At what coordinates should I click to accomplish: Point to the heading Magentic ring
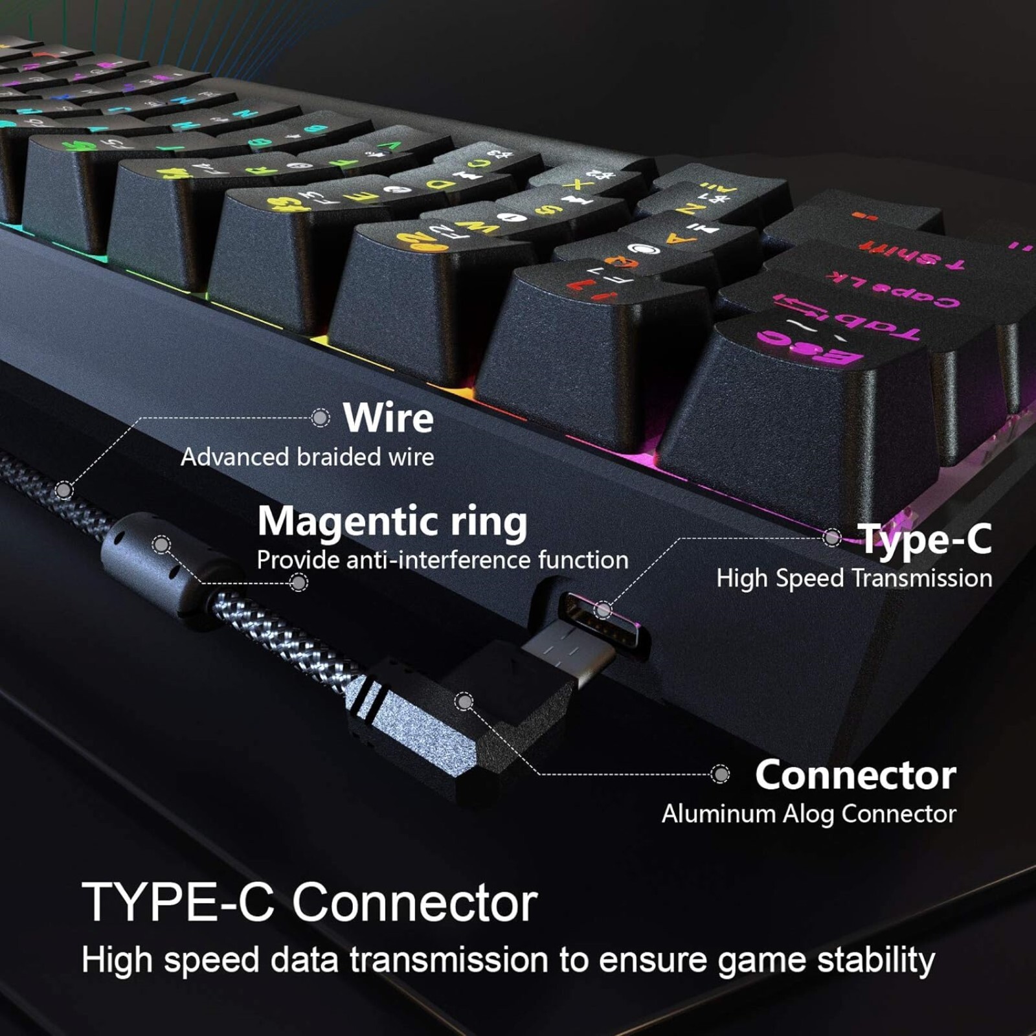392,521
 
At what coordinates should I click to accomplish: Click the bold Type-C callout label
925,539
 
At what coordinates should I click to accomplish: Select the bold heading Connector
855,775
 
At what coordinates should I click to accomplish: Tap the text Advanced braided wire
307,457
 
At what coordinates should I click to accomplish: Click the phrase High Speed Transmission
854,578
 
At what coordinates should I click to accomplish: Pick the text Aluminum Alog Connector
809,814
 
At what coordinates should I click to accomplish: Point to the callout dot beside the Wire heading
321,418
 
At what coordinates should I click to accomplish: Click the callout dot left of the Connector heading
720,774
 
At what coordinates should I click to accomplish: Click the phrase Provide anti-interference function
442,560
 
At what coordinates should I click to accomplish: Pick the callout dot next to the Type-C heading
832,537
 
